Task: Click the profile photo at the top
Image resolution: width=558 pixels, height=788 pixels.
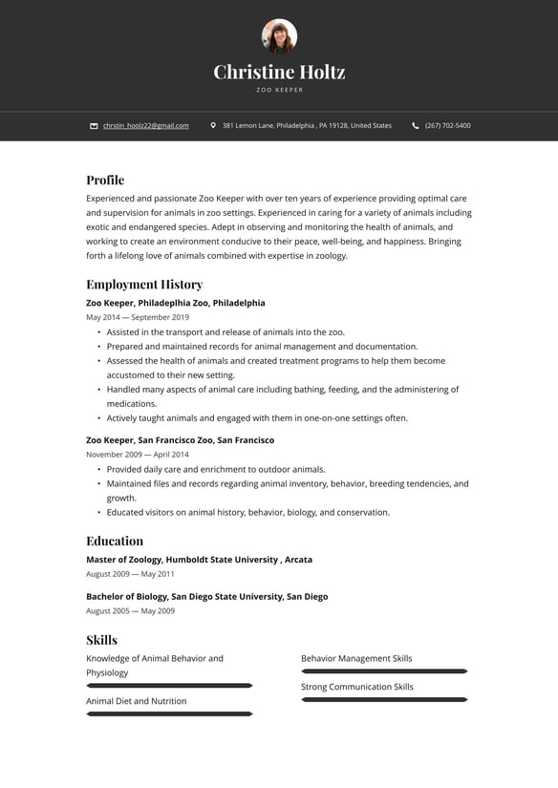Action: coord(279,36)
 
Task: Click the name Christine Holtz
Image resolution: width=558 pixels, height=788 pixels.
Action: coord(279,72)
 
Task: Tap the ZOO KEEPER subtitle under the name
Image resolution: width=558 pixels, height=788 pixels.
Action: coord(279,90)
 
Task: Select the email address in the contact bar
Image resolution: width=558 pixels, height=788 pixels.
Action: coord(145,125)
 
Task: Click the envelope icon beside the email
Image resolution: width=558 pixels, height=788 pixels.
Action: coord(94,125)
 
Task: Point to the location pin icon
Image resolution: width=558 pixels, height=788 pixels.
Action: coord(213,125)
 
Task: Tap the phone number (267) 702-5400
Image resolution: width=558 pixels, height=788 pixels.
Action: coord(447,125)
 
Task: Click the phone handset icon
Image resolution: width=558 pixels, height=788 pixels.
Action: coord(416,125)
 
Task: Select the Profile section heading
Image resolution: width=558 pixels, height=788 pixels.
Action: coord(105,180)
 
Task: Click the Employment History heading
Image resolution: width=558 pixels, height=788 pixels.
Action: coord(144,284)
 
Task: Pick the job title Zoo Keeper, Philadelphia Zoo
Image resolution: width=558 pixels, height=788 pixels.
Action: coord(176,303)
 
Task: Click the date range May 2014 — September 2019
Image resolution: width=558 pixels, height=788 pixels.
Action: coord(138,317)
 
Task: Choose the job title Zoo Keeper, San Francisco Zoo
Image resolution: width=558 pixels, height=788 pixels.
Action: coord(180,440)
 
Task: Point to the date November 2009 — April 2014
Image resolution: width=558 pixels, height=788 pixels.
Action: coord(138,455)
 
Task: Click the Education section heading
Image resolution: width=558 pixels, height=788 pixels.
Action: coord(115,541)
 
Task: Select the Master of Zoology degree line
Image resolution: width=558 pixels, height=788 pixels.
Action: coord(199,560)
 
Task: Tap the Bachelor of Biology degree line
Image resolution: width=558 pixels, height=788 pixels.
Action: coord(206,597)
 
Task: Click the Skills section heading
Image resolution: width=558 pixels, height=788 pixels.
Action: coord(102,640)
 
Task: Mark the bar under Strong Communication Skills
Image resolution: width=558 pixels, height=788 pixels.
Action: coord(384,700)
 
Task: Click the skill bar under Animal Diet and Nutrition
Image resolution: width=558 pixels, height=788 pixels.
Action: coord(169,713)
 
